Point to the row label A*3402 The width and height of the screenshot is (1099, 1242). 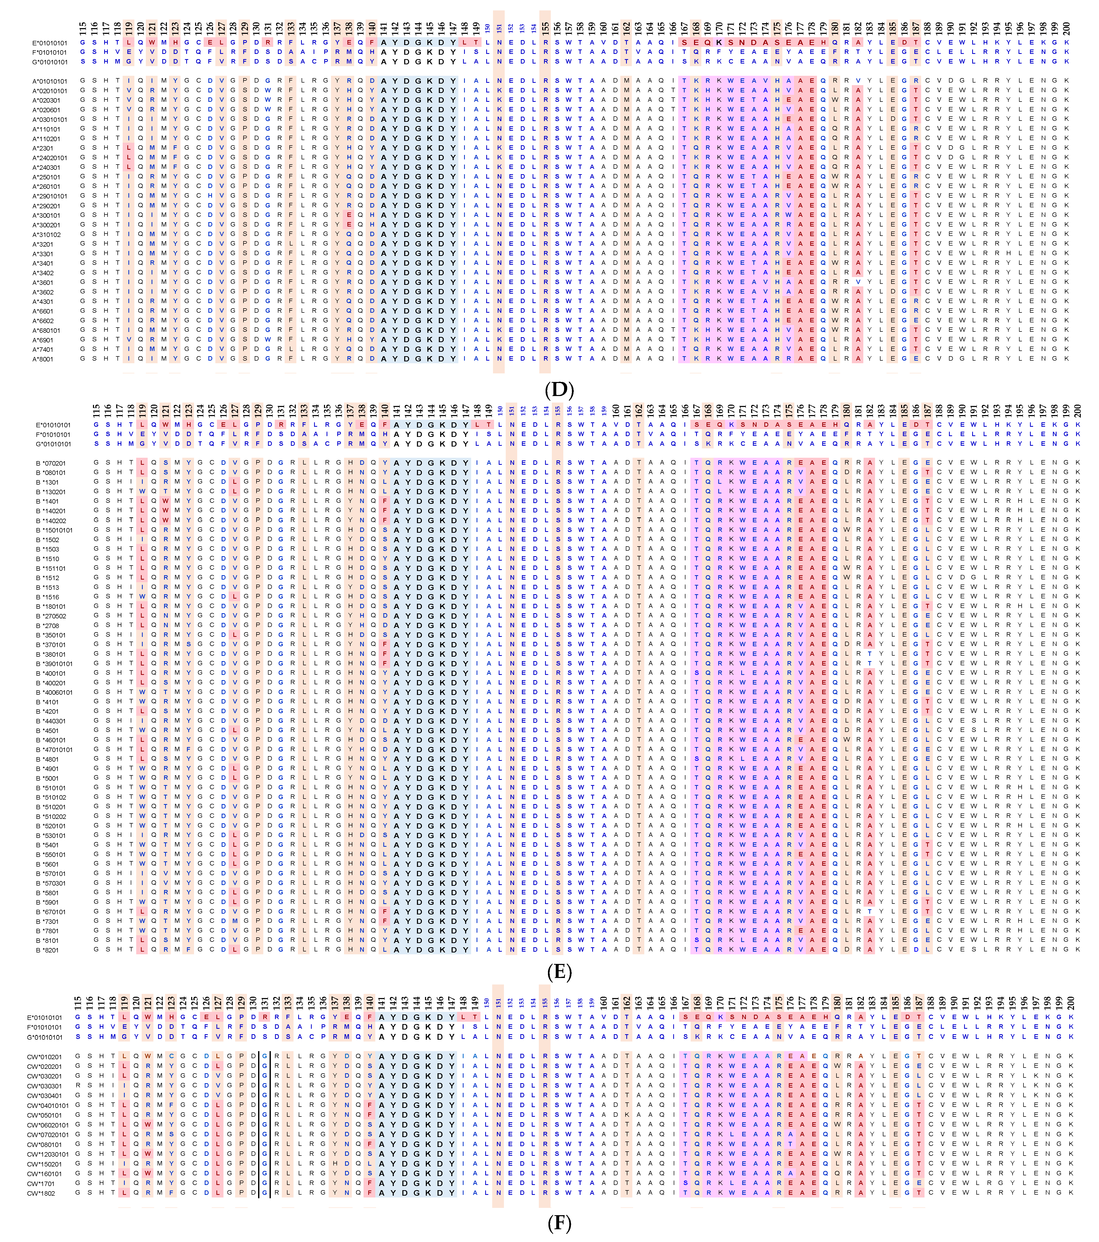[42, 273]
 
